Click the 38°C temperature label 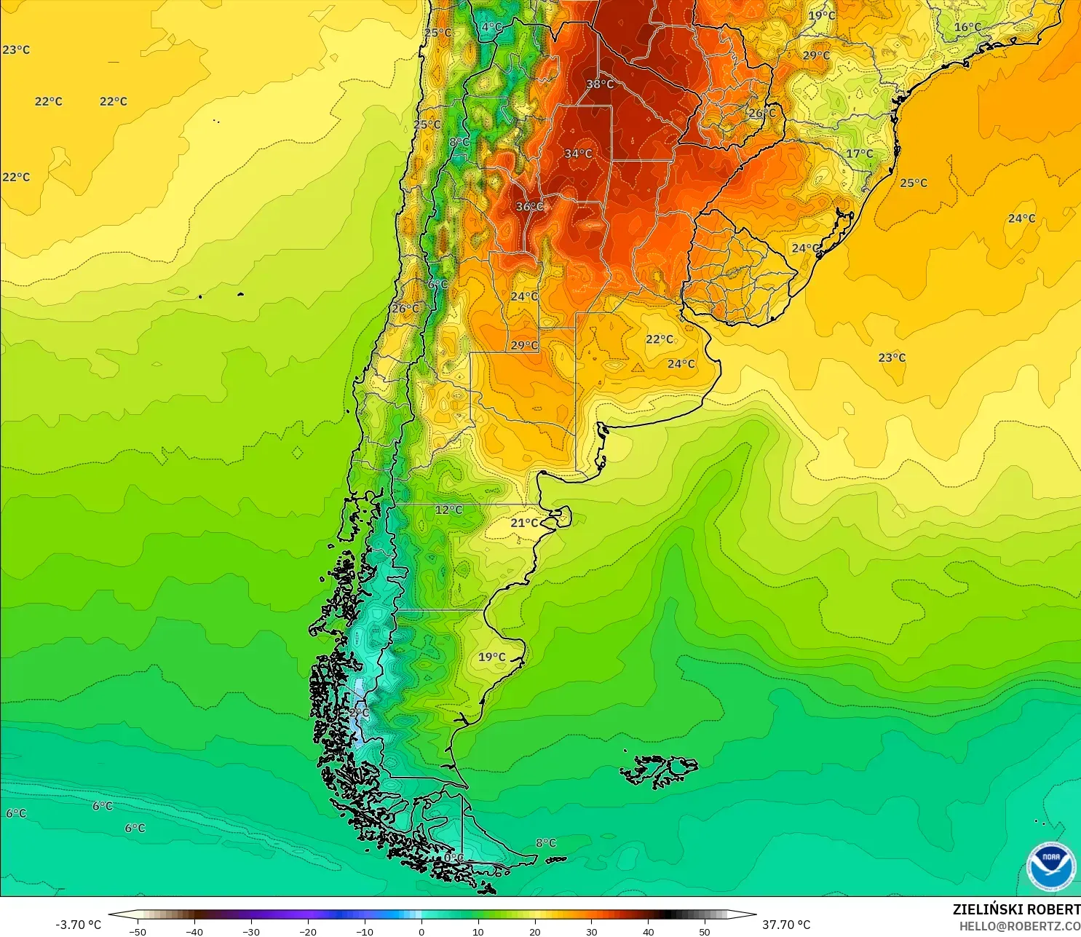click(x=600, y=84)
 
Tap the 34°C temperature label click(x=578, y=154)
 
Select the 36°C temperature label click(x=529, y=207)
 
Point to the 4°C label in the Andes click(x=492, y=27)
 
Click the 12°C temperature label click(x=448, y=510)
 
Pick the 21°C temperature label click(x=524, y=523)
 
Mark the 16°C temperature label click(x=967, y=27)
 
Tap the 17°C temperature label click(x=859, y=154)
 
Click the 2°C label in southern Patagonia click(x=359, y=713)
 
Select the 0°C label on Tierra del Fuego click(x=454, y=858)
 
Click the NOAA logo click(x=1050, y=866)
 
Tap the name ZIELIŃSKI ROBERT click(x=1016, y=909)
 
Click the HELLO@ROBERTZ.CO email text click(x=1019, y=926)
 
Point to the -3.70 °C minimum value click(x=78, y=925)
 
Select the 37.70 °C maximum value click(x=786, y=925)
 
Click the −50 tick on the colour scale click(x=137, y=931)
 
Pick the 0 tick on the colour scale click(x=421, y=931)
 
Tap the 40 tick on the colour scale click(x=648, y=931)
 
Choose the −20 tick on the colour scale click(x=308, y=931)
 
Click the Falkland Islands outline click(x=659, y=771)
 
